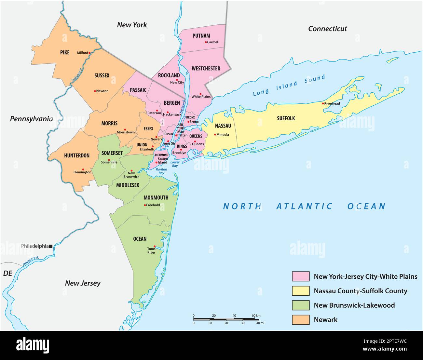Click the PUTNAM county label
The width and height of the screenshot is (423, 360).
click(201, 35)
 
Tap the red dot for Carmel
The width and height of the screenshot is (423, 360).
click(206, 42)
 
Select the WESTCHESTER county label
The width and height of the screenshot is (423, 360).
click(206, 68)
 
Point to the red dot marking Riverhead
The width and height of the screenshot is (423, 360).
click(323, 103)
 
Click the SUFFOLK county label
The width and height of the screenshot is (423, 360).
click(286, 118)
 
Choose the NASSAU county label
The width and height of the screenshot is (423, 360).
click(223, 126)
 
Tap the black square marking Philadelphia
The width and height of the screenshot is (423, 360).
click(51, 246)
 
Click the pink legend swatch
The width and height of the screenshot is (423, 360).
click(300, 276)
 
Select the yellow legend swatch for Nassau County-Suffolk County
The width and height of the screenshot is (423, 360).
click(300, 291)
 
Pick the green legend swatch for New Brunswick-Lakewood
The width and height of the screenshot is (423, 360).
click(300, 305)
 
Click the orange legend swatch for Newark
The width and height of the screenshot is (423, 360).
click(300, 319)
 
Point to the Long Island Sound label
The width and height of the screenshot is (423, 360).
click(289, 85)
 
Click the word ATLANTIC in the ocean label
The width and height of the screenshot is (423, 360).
click(304, 206)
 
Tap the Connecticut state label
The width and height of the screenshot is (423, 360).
click(327, 29)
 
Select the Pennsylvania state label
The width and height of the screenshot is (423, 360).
click(31, 119)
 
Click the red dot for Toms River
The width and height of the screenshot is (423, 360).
click(155, 246)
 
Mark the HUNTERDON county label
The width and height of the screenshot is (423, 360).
click(77, 155)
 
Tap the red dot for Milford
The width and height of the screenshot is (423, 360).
click(89, 53)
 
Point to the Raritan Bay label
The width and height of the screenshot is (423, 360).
click(161, 171)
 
